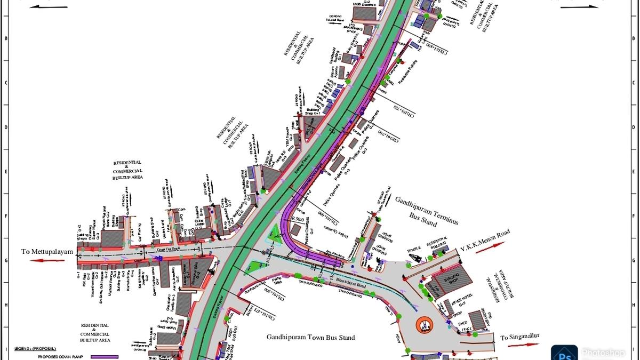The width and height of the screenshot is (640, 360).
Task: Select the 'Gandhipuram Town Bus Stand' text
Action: point(311,338)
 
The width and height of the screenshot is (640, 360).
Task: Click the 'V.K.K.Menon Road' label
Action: point(485,241)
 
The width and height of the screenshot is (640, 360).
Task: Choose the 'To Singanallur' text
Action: point(521,338)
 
